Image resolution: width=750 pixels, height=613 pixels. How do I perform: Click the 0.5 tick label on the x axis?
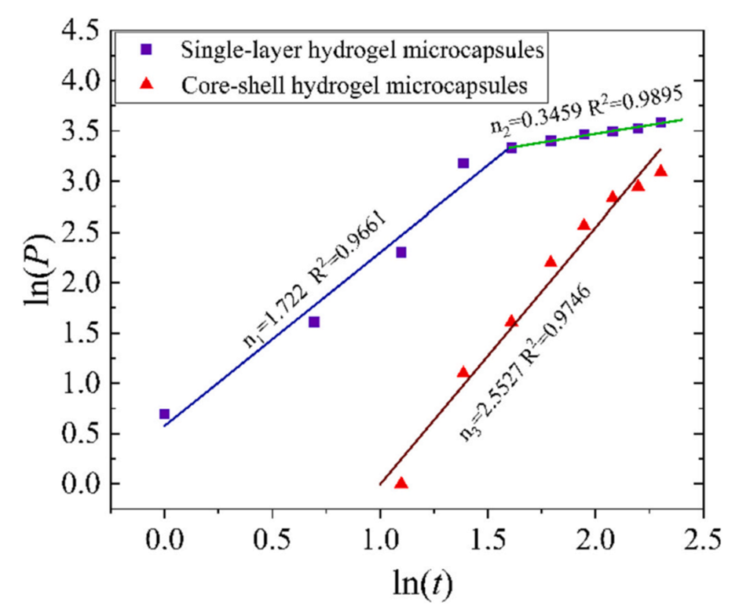click(272, 540)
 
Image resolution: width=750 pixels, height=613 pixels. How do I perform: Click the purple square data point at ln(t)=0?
click(164, 414)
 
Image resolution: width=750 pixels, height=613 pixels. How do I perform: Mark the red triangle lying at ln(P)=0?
click(401, 483)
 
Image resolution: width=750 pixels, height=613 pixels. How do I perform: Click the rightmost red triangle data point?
click(660, 171)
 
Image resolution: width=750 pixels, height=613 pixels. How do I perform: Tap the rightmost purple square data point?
click(660, 122)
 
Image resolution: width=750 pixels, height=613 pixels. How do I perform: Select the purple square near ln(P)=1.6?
click(314, 322)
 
